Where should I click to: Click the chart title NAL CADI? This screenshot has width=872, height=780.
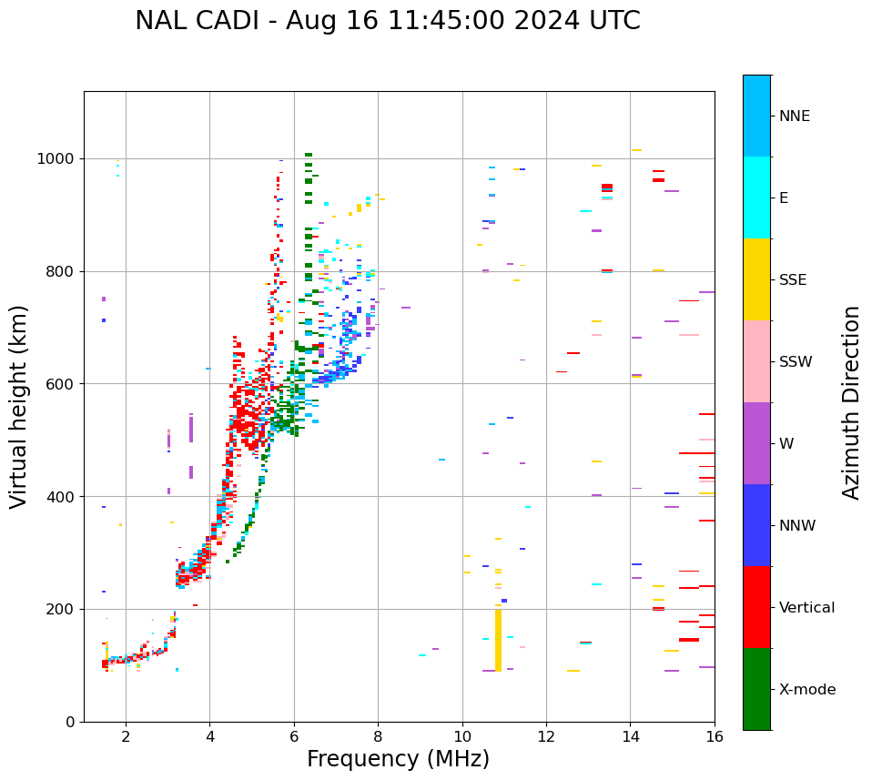387,21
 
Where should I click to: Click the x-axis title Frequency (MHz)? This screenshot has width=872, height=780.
398,759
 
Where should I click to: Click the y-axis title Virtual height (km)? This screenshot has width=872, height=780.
19,406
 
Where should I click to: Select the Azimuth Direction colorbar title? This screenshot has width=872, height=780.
851,401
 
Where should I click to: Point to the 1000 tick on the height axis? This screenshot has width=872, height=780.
60,158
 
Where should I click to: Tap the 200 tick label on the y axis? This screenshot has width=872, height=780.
63,609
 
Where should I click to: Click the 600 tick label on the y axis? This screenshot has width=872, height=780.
63,384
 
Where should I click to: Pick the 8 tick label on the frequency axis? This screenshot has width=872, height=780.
378,736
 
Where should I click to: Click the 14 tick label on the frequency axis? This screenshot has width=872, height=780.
631,736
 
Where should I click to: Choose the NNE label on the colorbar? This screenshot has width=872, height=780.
794,116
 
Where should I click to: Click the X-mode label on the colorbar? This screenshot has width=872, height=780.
806,690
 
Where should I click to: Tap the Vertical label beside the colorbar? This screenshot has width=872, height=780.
806,608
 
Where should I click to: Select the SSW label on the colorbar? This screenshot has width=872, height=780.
796,362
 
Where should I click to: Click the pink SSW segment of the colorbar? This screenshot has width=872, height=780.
756,361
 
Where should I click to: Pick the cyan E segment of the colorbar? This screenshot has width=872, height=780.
756,198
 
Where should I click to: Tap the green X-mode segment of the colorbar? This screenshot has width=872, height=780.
756,689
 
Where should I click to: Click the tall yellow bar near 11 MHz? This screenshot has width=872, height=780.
498,640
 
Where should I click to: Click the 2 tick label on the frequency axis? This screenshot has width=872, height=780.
126,736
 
